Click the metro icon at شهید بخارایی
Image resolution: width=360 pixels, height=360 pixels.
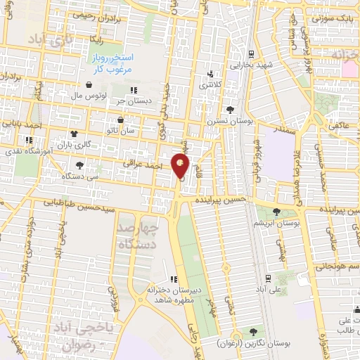tap(251, 53)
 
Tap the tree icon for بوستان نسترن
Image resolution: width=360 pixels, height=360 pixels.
tap(230, 109)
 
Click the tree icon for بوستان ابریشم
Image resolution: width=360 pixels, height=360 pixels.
tap(275, 211)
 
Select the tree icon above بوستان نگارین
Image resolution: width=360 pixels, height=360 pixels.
tap(252, 331)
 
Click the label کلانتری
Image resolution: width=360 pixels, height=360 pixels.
tap(213, 85)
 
